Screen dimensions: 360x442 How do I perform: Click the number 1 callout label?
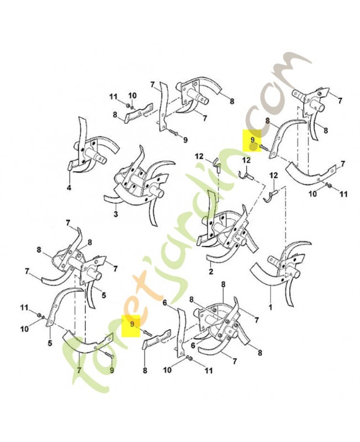(271, 307)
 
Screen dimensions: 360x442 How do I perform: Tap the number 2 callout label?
(211, 271)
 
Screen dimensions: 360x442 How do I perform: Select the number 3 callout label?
(116, 214)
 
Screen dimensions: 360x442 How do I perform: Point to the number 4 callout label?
(69, 187)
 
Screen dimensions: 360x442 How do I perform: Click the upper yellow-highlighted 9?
(252, 140)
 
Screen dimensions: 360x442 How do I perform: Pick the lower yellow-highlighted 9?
(131, 324)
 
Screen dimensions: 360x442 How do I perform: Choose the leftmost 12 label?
(199, 156)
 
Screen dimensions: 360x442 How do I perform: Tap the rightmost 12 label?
(274, 175)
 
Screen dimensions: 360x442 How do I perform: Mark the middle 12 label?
(246, 160)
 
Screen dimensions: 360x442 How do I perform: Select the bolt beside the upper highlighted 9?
(264, 146)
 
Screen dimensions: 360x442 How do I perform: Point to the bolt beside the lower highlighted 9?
(147, 333)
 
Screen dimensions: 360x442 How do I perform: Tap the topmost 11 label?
(113, 97)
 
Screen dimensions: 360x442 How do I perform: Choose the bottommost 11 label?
(209, 370)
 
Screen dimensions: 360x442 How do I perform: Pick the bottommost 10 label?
(167, 370)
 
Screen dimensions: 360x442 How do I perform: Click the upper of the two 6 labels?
(165, 303)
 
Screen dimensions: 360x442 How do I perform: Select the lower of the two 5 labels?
(50, 344)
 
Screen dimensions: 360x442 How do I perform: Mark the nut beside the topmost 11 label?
(128, 106)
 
